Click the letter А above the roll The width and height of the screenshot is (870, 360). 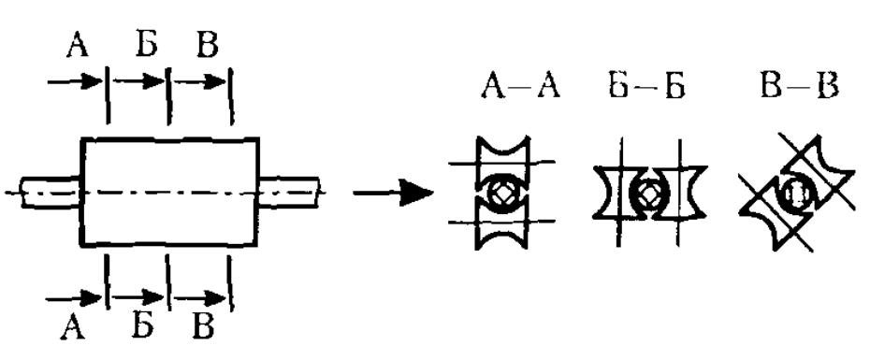(x=78, y=45)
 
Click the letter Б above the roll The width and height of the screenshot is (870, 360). (x=147, y=44)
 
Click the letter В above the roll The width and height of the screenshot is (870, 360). (x=208, y=45)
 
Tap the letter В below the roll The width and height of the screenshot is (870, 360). (x=203, y=326)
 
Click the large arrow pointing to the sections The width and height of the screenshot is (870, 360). (x=393, y=193)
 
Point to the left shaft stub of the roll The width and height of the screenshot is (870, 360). (x=51, y=192)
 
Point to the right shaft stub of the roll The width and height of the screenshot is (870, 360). (x=290, y=192)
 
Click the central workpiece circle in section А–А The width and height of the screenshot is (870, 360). (x=502, y=194)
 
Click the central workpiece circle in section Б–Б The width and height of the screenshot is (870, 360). (x=647, y=193)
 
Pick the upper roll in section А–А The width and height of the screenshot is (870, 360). (x=502, y=158)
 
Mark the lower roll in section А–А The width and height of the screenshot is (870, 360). (x=502, y=226)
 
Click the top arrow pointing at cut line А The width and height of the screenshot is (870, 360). (x=76, y=82)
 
